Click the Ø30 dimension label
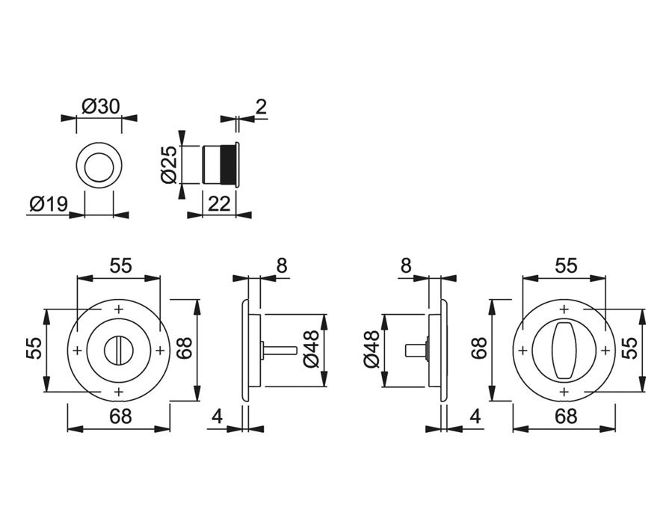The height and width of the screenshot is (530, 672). tap(99, 106)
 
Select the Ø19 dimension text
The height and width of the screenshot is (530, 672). tap(49, 203)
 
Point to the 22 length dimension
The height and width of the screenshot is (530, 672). tap(218, 204)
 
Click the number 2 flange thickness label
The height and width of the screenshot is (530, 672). tap(260, 107)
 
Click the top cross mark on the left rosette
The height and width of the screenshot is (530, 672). tap(118, 309)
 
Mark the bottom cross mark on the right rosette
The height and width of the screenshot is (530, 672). tap(564, 390)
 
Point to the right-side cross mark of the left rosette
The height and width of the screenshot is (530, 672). tap(159, 350)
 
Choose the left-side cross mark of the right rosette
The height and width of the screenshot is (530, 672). tap(523, 350)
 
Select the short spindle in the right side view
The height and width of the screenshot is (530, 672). tap(416, 349)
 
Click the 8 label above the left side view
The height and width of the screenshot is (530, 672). tap(281, 265)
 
